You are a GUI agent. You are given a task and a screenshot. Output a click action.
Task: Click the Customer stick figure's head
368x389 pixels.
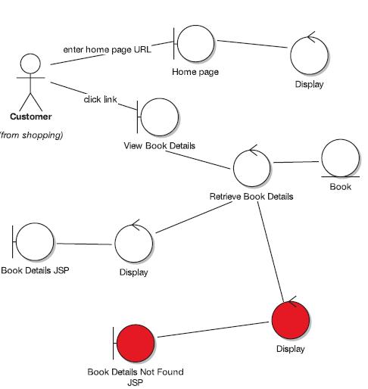coord(30,64)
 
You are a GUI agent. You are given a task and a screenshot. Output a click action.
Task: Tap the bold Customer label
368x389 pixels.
coord(31,117)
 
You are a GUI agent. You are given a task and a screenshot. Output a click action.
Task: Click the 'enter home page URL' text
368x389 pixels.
coord(108,50)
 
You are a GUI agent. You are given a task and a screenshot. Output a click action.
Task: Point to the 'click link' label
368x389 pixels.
coord(100,99)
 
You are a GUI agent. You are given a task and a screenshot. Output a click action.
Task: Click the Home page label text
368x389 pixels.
coord(195,72)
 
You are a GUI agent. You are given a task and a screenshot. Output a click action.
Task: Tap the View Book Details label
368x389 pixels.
coord(159,145)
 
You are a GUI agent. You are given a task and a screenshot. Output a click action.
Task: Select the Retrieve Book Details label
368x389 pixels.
coord(251,197)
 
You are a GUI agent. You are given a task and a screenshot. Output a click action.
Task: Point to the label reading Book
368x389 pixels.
coord(341,187)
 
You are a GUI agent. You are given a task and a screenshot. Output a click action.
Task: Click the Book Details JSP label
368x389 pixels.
coord(35,270)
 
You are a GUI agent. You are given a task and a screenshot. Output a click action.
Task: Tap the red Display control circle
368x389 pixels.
coord(291,320)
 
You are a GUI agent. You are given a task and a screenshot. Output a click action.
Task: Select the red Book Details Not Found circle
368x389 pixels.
coord(136,343)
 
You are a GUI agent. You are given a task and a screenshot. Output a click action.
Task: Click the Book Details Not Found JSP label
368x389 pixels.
coord(136,377)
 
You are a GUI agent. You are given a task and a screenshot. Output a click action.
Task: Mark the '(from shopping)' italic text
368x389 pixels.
coord(31,135)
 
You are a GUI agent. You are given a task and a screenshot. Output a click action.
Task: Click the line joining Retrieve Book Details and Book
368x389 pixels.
coord(296,162)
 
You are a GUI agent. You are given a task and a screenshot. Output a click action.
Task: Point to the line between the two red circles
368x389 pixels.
coord(213,329)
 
